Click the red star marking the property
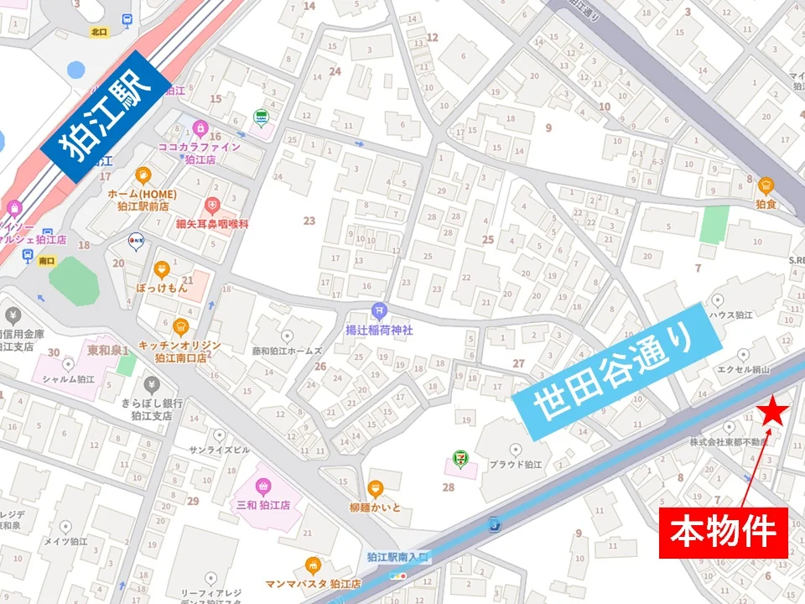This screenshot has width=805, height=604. click(x=773, y=412)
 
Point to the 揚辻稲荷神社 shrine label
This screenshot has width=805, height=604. click(x=379, y=330)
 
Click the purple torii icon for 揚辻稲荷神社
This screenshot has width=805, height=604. click(x=379, y=310)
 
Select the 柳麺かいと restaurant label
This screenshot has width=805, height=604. click(x=376, y=508)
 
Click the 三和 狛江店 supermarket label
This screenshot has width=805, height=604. click(x=262, y=505)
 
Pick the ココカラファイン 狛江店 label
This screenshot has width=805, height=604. click(x=200, y=152)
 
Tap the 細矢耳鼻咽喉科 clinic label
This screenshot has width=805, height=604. click(x=212, y=223)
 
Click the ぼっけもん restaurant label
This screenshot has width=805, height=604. click(x=162, y=287)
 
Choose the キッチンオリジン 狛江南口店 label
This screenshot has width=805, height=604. click(x=179, y=351)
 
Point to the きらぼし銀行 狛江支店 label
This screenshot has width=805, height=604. click(x=152, y=409)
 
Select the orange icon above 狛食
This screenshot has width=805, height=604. click(x=765, y=185)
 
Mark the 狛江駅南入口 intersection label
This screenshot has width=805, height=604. click(x=397, y=556)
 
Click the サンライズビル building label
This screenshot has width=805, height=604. click(x=219, y=450)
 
